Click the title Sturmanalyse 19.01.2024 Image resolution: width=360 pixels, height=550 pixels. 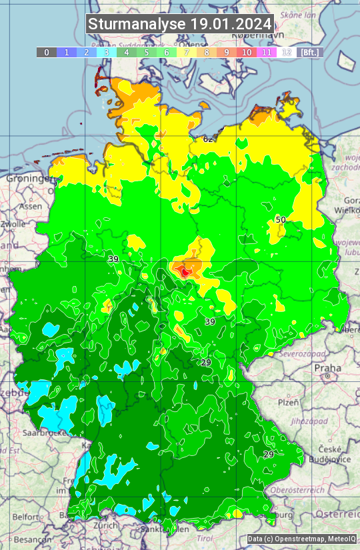point(180,25)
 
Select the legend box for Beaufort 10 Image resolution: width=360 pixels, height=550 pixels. point(247,52)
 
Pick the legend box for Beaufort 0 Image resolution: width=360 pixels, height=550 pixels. point(47,52)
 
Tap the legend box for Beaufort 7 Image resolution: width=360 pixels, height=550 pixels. point(187,52)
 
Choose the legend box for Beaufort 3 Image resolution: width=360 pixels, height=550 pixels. point(107,52)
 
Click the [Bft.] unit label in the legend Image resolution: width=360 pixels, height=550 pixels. point(309,52)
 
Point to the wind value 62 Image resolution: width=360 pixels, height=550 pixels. point(208,139)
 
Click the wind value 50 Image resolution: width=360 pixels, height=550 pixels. point(281,219)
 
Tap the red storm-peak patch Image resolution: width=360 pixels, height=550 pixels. point(185,270)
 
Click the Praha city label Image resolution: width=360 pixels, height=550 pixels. point(327,368)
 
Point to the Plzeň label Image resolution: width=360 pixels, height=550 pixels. point(288,403)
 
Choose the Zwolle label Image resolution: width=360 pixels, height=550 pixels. point(12,224)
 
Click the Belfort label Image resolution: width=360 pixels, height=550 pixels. point(26,516)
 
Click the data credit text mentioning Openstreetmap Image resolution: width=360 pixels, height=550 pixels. point(301,539)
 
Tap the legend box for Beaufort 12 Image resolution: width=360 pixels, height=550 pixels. point(287,52)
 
